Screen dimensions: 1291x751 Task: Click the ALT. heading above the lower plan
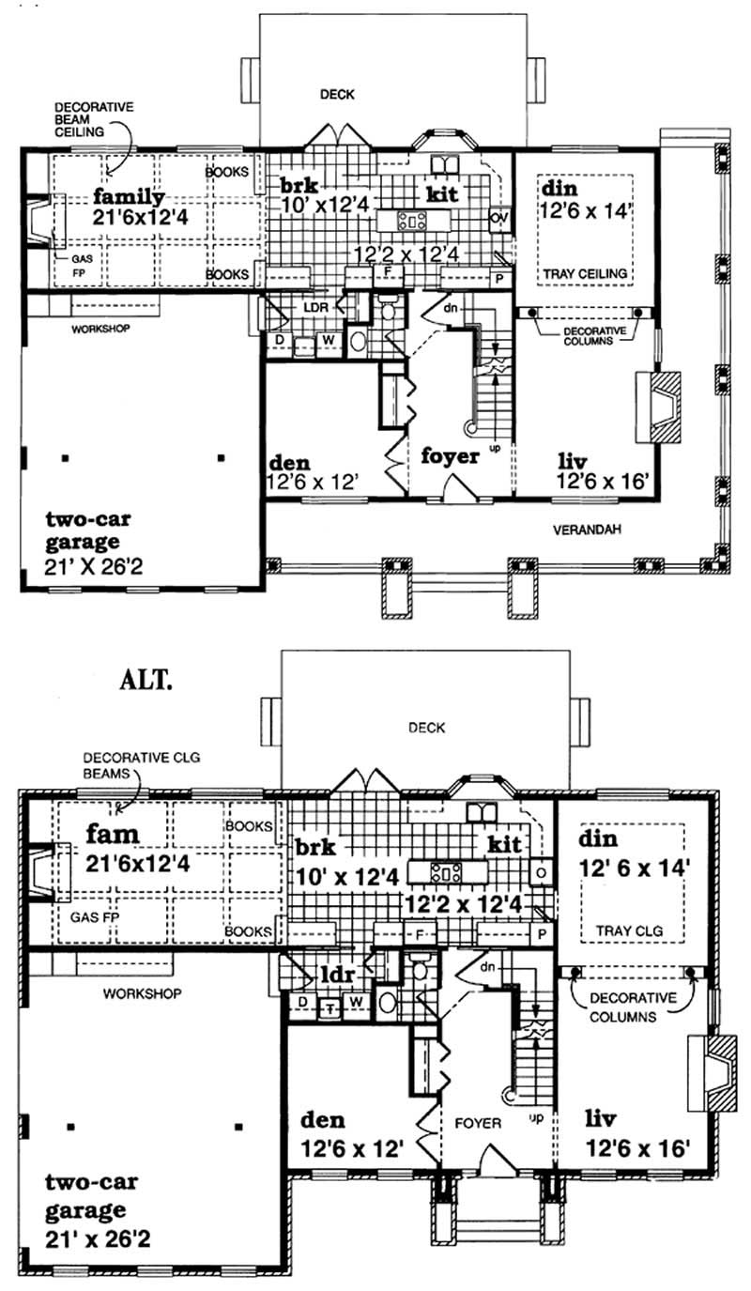tap(145, 681)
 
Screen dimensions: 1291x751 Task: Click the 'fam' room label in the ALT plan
tap(115, 833)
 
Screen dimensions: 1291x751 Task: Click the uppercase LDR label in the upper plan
tap(313, 307)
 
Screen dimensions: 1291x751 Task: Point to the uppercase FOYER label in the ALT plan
tap(478, 1122)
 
